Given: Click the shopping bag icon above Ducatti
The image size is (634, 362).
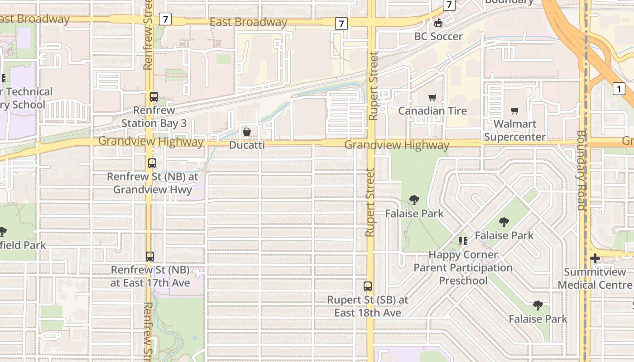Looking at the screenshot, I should click(x=247, y=132).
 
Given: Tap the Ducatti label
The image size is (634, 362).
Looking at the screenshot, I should click(x=247, y=145).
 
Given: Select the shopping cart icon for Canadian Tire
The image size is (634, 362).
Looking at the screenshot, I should click(x=432, y=98).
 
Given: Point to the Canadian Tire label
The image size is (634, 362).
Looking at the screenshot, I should click(x=432, y=111).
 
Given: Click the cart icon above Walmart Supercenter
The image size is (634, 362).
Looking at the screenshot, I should click(x=515, y=111).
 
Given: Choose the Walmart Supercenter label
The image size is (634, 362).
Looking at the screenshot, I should click(x=515, y=130).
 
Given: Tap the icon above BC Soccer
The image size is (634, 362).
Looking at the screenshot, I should click(x=438, y=23).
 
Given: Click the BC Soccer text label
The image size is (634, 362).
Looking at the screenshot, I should click(x=438, y=37).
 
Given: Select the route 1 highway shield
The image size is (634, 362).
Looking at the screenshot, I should click(x=619, y=89).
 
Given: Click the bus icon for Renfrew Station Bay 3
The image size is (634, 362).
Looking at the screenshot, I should click(x=154, y=97).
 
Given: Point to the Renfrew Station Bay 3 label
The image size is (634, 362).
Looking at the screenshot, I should click(x=154, y=117).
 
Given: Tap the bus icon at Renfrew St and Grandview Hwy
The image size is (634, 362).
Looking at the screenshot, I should click(x=152, y=163).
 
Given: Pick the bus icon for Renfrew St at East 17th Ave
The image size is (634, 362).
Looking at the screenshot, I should click(x=150, y=257).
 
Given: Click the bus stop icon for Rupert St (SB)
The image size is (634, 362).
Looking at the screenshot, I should click(x=368, y=286).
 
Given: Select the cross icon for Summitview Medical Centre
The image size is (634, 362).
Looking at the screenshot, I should click(x=595, y=259).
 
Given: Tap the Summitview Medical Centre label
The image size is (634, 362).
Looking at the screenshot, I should click(x=595, y=279).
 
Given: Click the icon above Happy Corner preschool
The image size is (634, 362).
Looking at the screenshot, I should click(x=463, y=241).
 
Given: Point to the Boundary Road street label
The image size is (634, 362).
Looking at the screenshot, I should click(x=581, y=170).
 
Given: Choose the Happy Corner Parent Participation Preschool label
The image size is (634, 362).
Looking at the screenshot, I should click(x=463, y=267).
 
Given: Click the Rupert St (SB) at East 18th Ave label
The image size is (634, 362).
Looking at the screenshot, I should click(x=368, y=306).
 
